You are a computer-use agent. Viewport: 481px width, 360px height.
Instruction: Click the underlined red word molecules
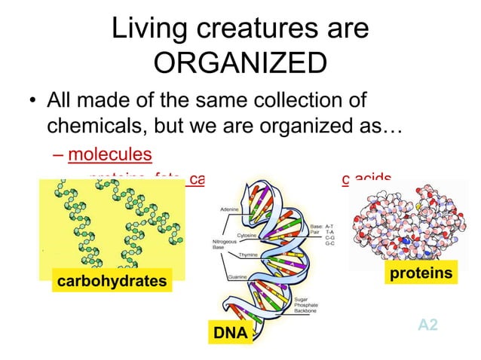click(x=110, y=155)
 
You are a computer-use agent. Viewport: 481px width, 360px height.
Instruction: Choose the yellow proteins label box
click(x=421, y=273)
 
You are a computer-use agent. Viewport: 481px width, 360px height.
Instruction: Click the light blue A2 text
click(x=427, y=325)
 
